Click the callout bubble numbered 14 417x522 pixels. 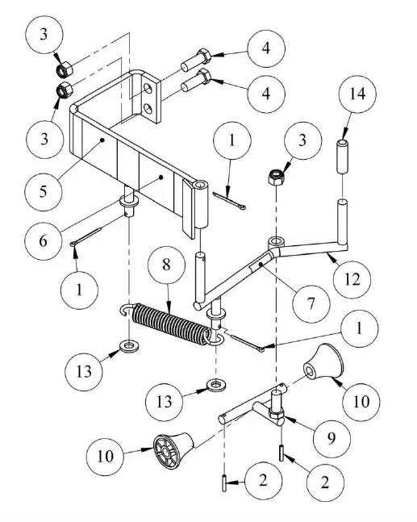point(357,94)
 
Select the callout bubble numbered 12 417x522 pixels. point(352,279)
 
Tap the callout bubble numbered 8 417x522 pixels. point(166,265)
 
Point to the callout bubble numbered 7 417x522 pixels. point(311,303)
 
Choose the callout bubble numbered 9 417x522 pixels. point(332,438)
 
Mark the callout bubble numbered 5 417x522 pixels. point(44,192)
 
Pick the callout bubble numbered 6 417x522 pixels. point(44,241)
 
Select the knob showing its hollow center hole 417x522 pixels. point(323,363)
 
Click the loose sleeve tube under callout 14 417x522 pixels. point(343,157)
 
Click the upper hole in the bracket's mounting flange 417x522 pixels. point(148,88)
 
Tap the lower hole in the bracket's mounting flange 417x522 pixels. point(148,109)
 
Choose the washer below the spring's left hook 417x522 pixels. point(129,346)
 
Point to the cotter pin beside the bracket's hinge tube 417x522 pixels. point(230,201)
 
